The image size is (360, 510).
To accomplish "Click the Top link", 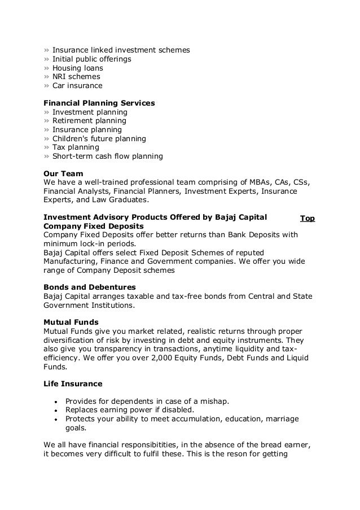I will click(x=308, y=218).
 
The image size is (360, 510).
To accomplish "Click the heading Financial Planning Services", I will click(x=99, y=103).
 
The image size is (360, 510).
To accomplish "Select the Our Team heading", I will click(x=63, y=173).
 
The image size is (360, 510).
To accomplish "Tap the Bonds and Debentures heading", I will click(x=89, y=287).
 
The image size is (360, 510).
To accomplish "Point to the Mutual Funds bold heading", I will click(x=71, y=322).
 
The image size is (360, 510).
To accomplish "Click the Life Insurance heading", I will click(x=73, y=383).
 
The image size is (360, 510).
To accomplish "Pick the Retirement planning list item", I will click(x=89, y=121).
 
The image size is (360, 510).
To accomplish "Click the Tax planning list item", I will click(x=76, y=147).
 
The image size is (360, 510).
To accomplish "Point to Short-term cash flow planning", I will click(x=107, y=156).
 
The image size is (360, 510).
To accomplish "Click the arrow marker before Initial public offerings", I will click(x=46, y=59).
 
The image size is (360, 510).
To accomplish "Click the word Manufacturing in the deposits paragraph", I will click(x=71, y=261).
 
